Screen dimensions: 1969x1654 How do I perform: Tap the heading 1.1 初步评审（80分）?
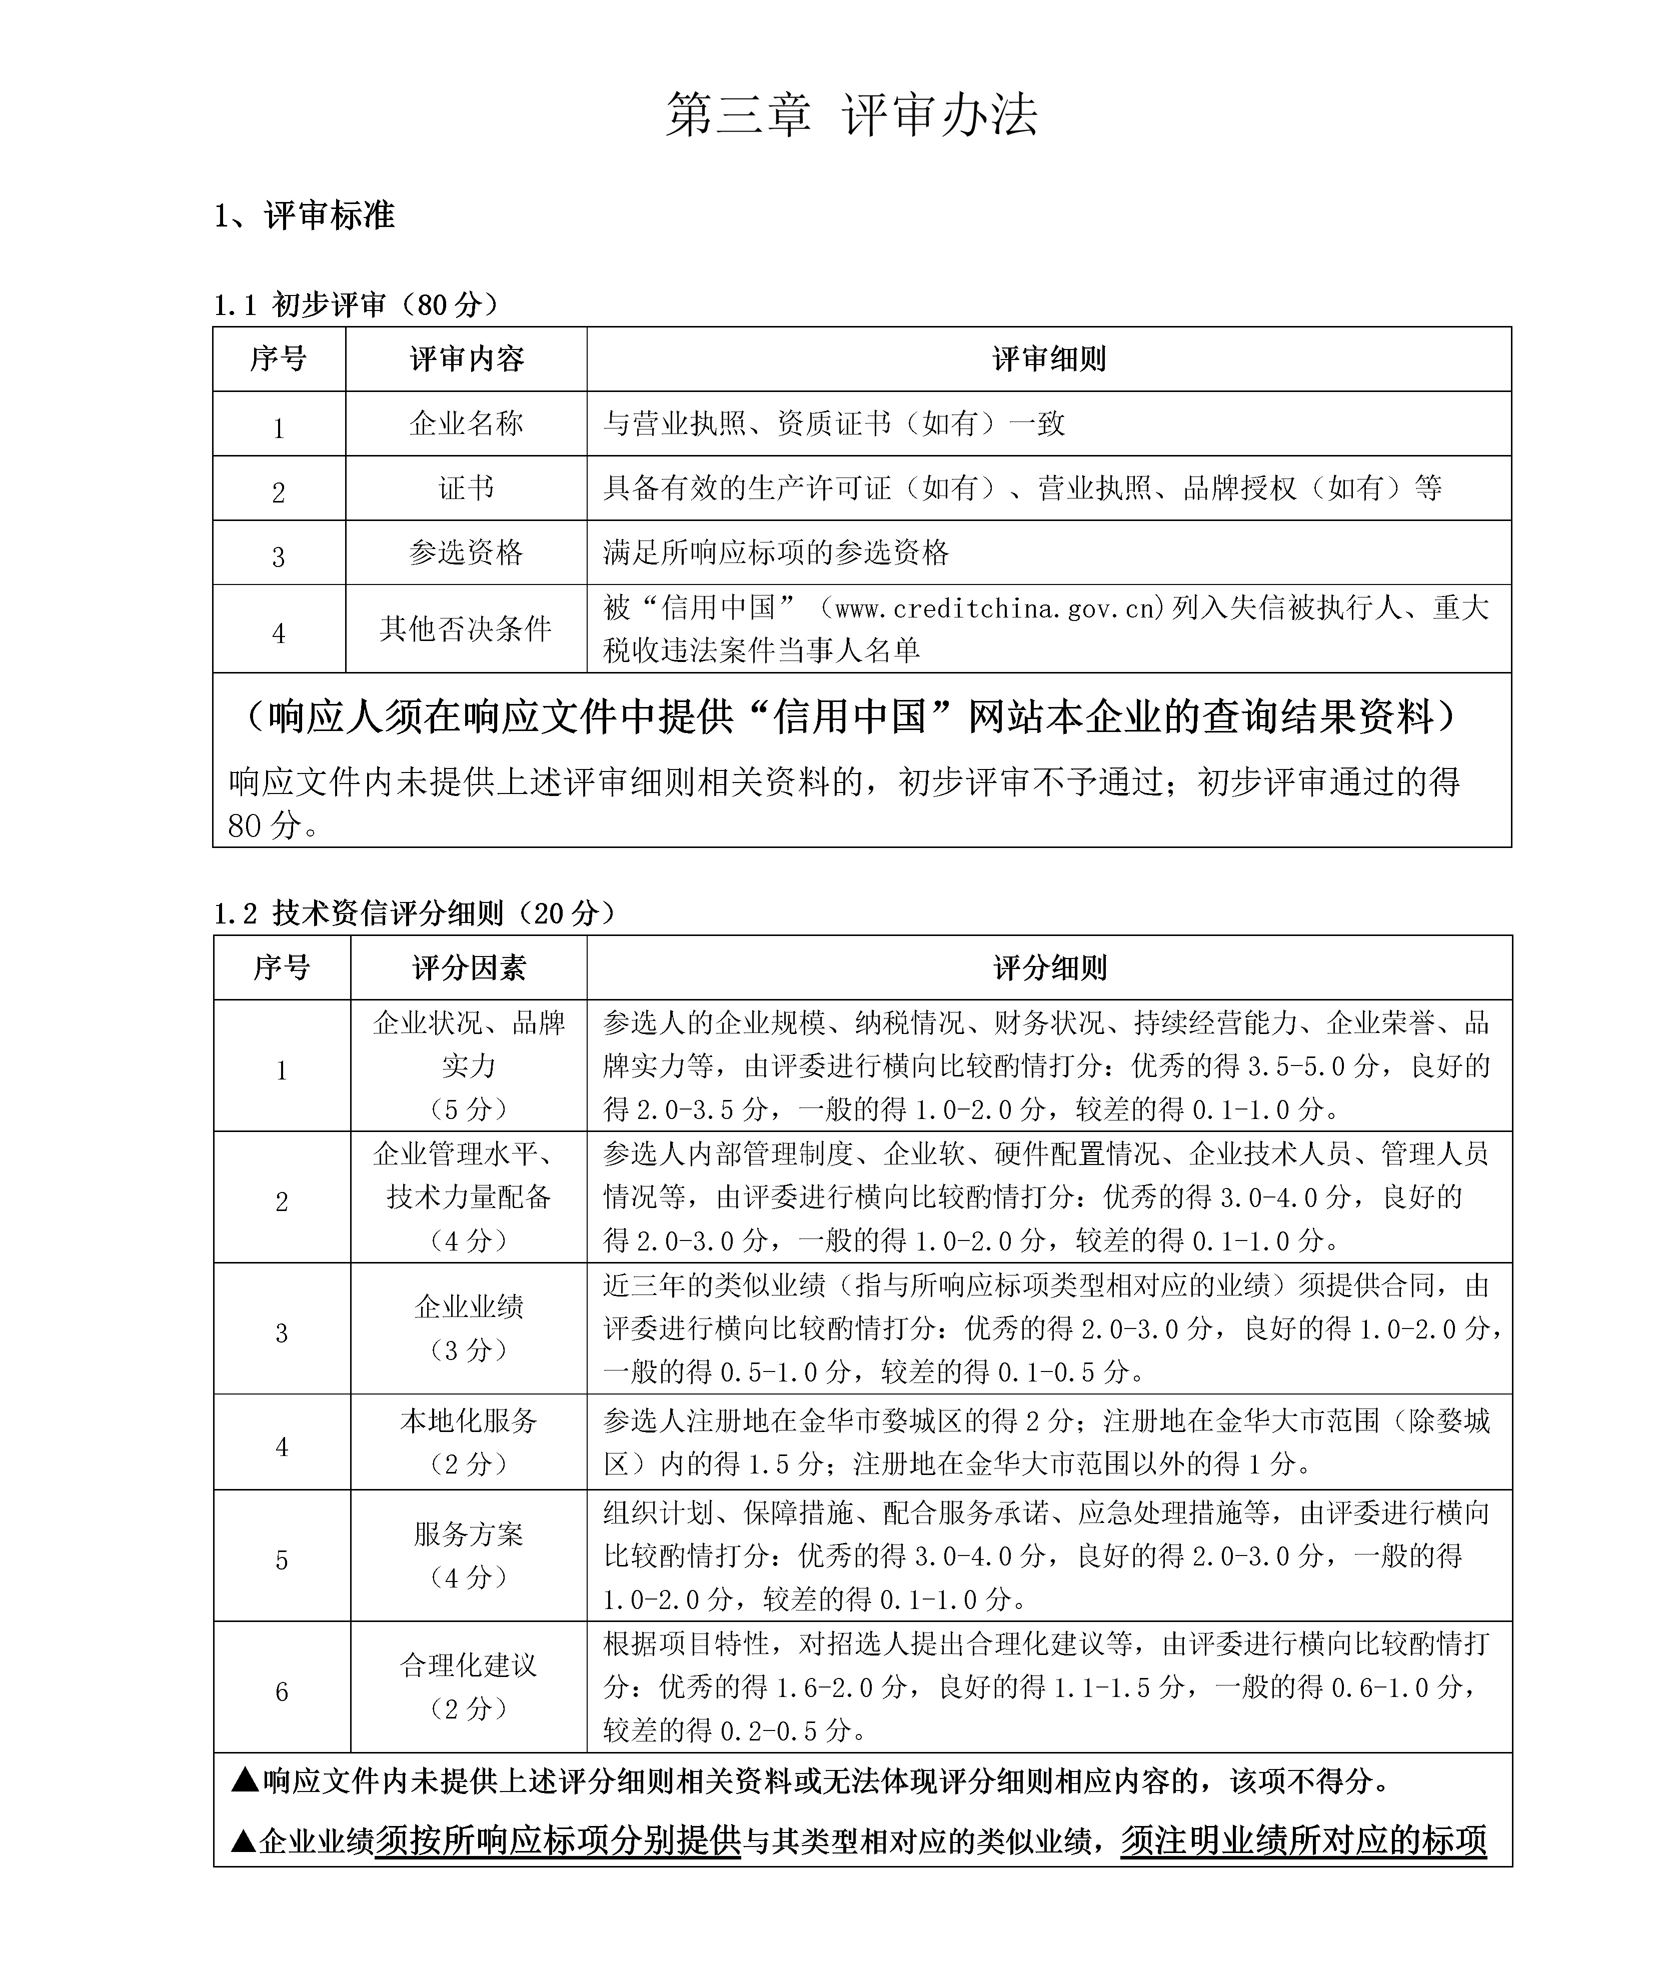pyautogui.click(x=356, y=304)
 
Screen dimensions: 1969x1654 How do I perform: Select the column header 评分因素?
pyautogui.click(x=469, y=967)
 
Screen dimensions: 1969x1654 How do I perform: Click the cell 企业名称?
pyautogui.click(x=466, y=424)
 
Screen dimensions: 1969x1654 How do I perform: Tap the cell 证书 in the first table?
pyautogui.click(x=466, y=488)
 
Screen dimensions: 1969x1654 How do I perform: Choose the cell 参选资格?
pyautogui.click(x=466, y=552)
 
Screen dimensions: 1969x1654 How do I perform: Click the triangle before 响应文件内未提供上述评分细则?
pyautogui.click(x=245, y=1779)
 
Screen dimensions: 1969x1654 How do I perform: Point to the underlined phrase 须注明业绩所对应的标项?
pyautogui.click(x=1303, y=1840)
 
